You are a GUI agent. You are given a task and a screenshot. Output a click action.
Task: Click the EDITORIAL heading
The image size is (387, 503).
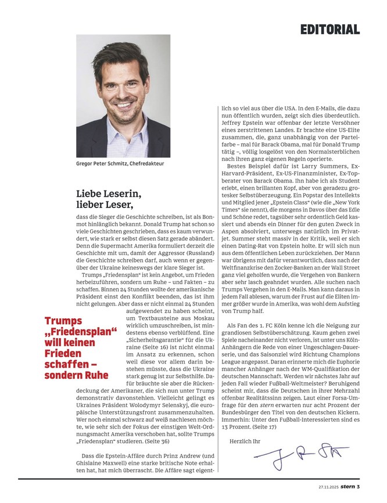[x=330, y=29]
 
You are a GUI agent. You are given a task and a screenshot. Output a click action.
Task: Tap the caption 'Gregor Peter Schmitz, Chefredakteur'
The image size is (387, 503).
[x=120, y=164]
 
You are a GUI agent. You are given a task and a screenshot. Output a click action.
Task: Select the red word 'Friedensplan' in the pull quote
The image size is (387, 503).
[x=80, y=332]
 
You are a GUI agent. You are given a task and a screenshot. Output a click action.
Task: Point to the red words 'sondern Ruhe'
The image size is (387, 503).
[x=77, y=375]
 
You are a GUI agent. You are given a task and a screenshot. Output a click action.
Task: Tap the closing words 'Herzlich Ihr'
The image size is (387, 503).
[x=244, y=441]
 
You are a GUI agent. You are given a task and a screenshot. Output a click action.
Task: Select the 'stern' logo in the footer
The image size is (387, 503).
[x=347, y=486]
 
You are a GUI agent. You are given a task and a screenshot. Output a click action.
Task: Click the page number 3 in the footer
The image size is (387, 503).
[x=359, y=486]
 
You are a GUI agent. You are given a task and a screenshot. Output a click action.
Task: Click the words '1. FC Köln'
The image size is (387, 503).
[x=278, y=326]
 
